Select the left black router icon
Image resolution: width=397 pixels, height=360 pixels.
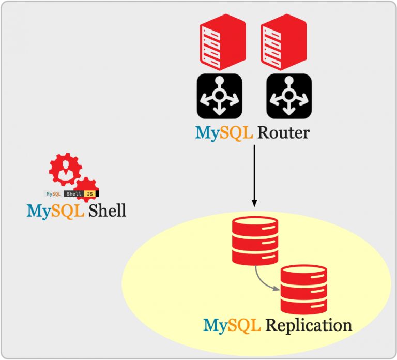point(219,95)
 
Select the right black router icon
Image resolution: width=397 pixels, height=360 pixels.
point(288,95)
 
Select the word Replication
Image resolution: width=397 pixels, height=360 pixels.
point(308,325)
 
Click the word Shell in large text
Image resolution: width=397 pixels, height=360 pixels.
point(107,211)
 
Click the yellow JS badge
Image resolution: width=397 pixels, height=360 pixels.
point(91,194)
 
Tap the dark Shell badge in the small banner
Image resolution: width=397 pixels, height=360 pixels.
point(73,194)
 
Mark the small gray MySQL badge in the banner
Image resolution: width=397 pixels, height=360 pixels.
point(54,194)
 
